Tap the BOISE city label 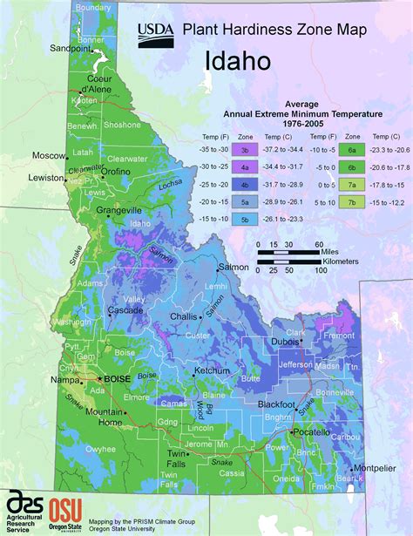[116, 380]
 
